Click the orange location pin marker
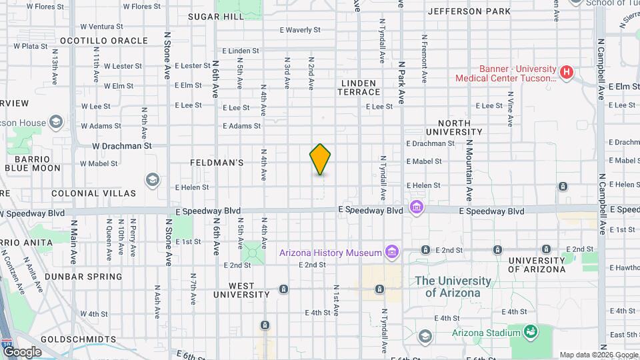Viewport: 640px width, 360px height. pos(320,159)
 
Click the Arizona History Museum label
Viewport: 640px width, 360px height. pos(330,253)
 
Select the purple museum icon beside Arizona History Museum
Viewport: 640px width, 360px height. pos(392,252)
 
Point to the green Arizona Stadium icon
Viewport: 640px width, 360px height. pos(531,331)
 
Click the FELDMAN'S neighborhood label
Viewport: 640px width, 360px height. pos(217,163)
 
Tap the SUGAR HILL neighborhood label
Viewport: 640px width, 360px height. pos(216,17)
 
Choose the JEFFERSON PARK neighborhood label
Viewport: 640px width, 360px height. pos(469,11)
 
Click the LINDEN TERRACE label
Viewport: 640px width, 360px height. pos(359,87)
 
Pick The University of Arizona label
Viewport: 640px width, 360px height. pos(453,287)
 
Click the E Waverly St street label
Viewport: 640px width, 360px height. pos(300,30)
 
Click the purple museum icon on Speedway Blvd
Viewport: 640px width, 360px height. pos(417,208)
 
